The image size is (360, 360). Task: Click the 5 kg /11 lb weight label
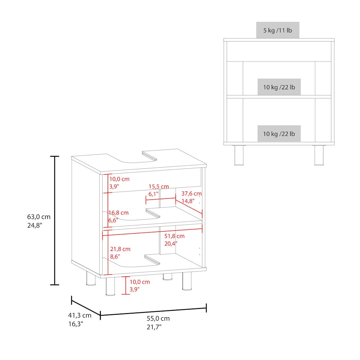(x=278, y=30)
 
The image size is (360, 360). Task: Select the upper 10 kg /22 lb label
(x=279, y=87)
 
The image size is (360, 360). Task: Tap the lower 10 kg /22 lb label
(x=279, y=134)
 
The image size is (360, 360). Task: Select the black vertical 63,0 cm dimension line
(x=54, y=220)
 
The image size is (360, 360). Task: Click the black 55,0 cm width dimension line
(x=153, y=311)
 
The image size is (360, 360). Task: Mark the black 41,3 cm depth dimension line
(x=86, y=307)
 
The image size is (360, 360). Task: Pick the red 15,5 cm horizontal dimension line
(x=161, y=199)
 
